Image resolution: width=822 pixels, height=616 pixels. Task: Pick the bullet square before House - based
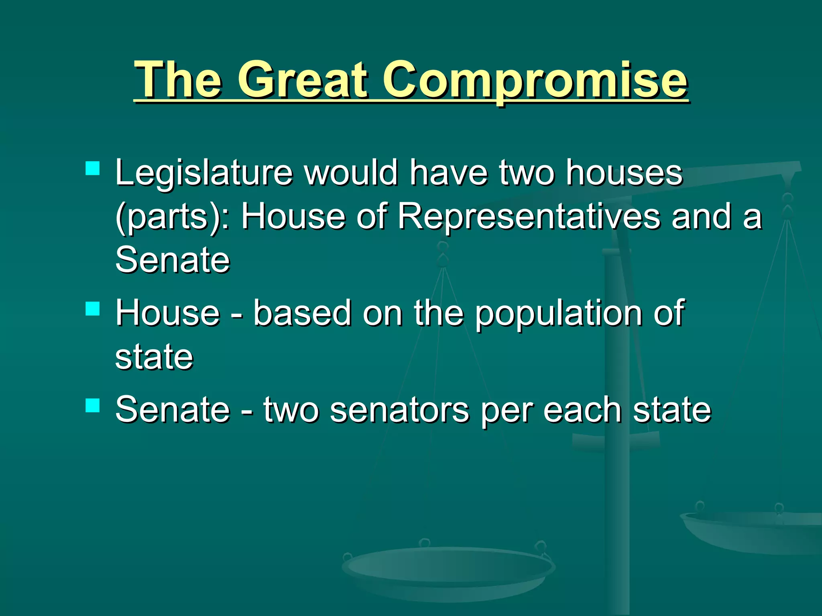click(x=93, y=309)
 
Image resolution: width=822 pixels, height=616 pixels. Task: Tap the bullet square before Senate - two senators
click(x=93, y=405)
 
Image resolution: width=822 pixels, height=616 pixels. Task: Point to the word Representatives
click(x=529, y=217)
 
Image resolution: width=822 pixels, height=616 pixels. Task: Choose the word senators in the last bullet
click(x=399, y=410)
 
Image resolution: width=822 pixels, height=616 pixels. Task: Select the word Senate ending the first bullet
click(x=173, y=260)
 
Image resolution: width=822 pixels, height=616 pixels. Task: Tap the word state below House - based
click(x=154, y=357)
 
